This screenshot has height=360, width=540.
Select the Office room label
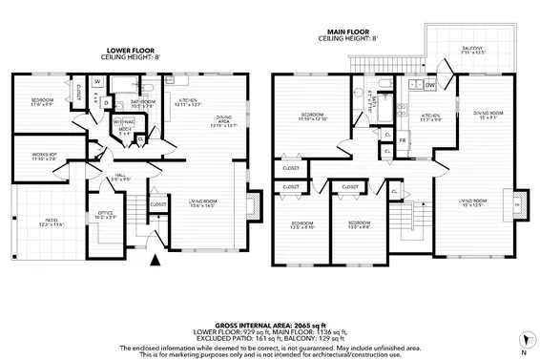click(x=105, y=215)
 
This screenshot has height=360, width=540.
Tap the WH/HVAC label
click(x=124, y=121)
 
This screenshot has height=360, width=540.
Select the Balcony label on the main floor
click(x=473, y=50)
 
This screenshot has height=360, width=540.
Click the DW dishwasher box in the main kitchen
click(x=431, y=85)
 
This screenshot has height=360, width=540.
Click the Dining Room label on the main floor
click(x=488, y=116)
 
